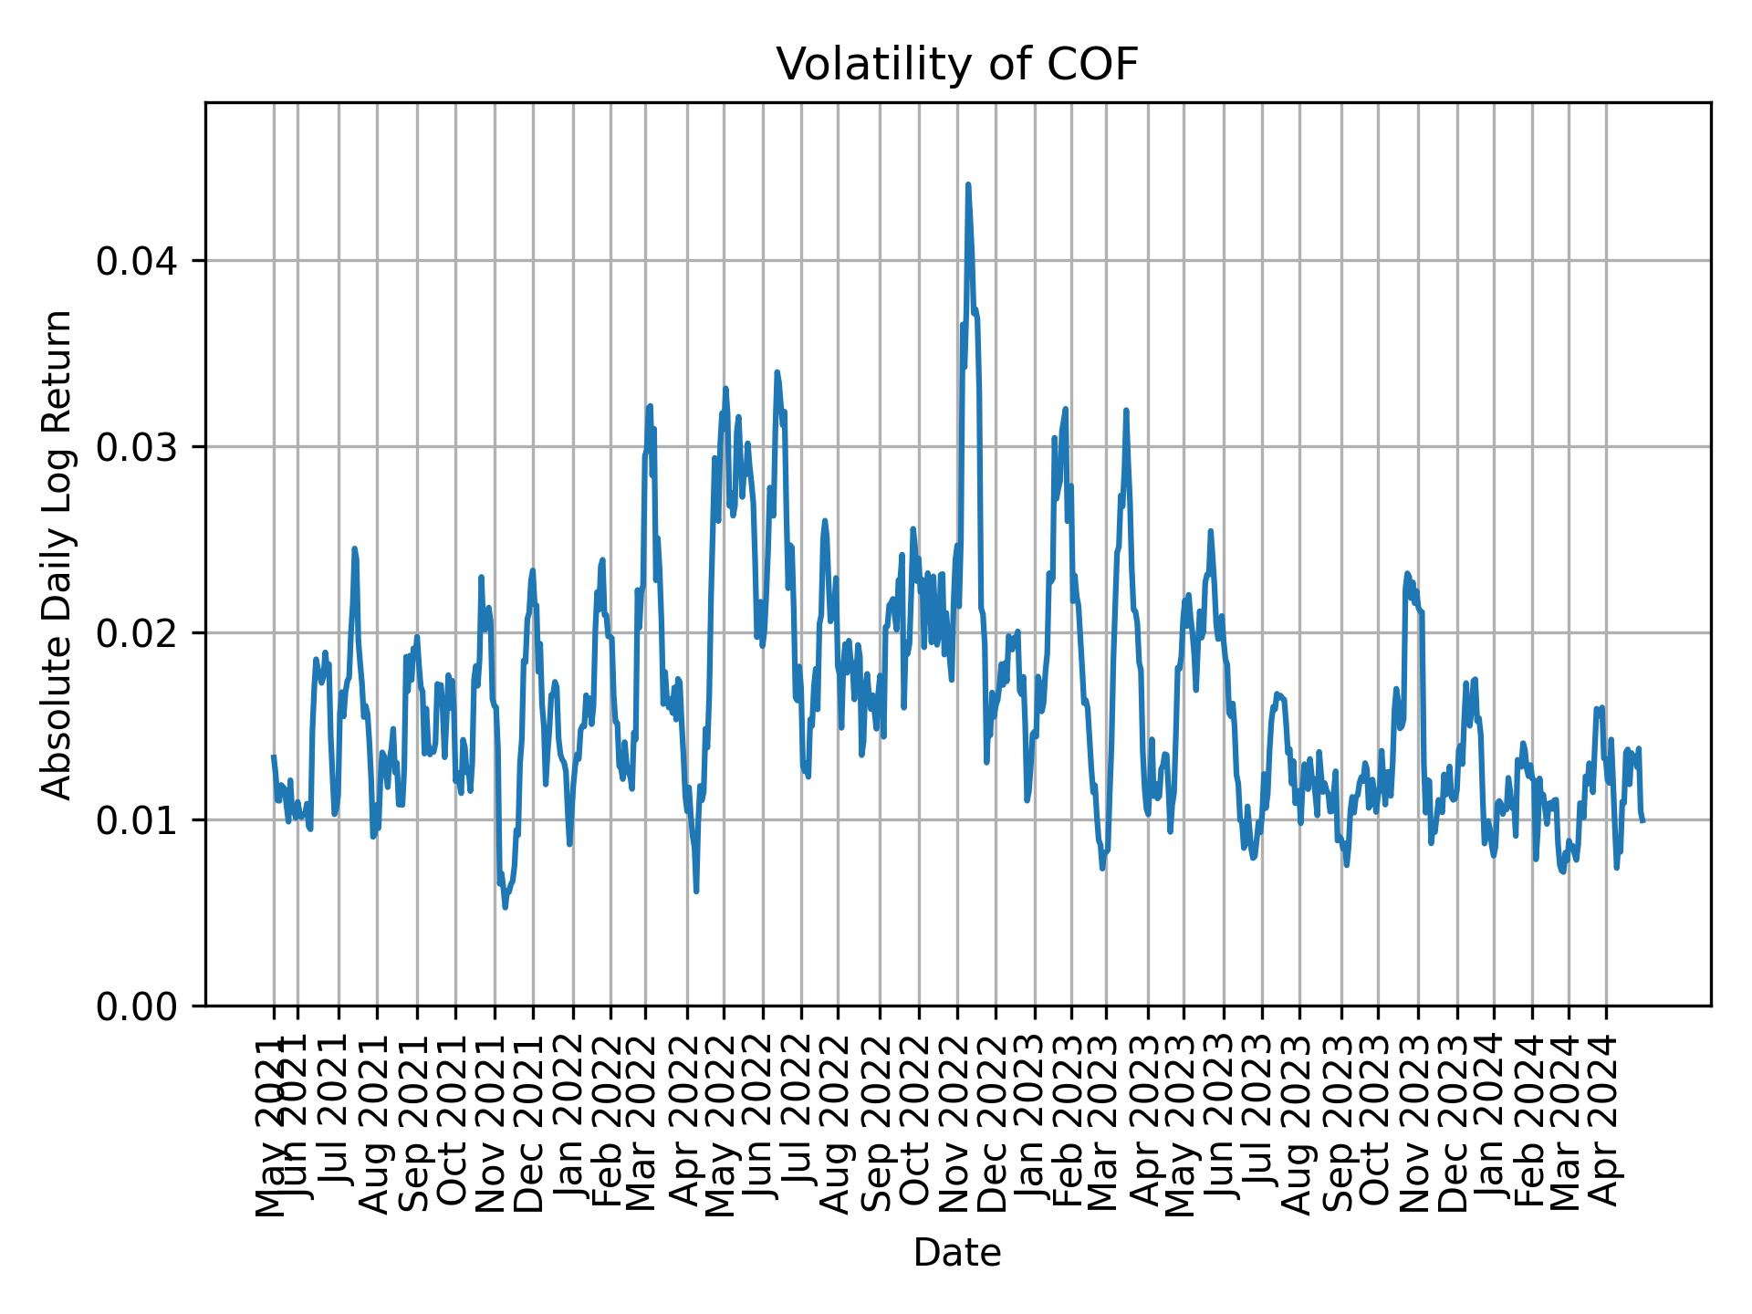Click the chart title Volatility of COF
(x=957, y=65)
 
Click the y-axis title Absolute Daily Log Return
(x=58, y=554)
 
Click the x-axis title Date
(x=957, y=1253)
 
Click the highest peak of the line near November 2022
(x=968, y=184)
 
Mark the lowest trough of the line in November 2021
(x=505, y=907)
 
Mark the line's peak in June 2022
(x=777, y=372)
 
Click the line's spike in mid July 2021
(x=354, y=548)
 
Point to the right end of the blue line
(x=1642, y=820)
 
